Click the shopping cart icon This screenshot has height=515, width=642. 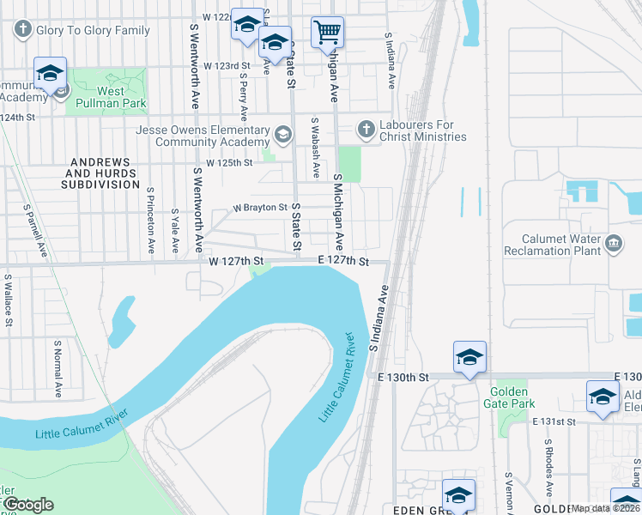[x=327, y=33]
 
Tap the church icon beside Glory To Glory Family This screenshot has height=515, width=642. [x=21, y=30]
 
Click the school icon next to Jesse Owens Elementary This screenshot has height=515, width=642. [x=283, y=135]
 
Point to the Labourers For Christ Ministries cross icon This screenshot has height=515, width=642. [x=366, y=130]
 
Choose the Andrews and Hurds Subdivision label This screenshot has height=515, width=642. [x=100, y=173]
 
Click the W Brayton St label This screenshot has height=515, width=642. [x=260, y=208]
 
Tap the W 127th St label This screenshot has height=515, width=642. [x=234, y=261]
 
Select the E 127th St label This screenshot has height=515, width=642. [x=342, y=261]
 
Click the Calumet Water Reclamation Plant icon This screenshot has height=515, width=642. [x=614, y=243]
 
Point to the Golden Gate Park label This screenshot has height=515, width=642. [x=512, y=397]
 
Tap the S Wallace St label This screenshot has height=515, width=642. [x=9, y=300]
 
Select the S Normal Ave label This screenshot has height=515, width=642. [x=58, y=367]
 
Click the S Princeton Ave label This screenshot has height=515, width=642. [x=150, y=221]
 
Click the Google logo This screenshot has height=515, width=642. [x=28, y=505]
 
